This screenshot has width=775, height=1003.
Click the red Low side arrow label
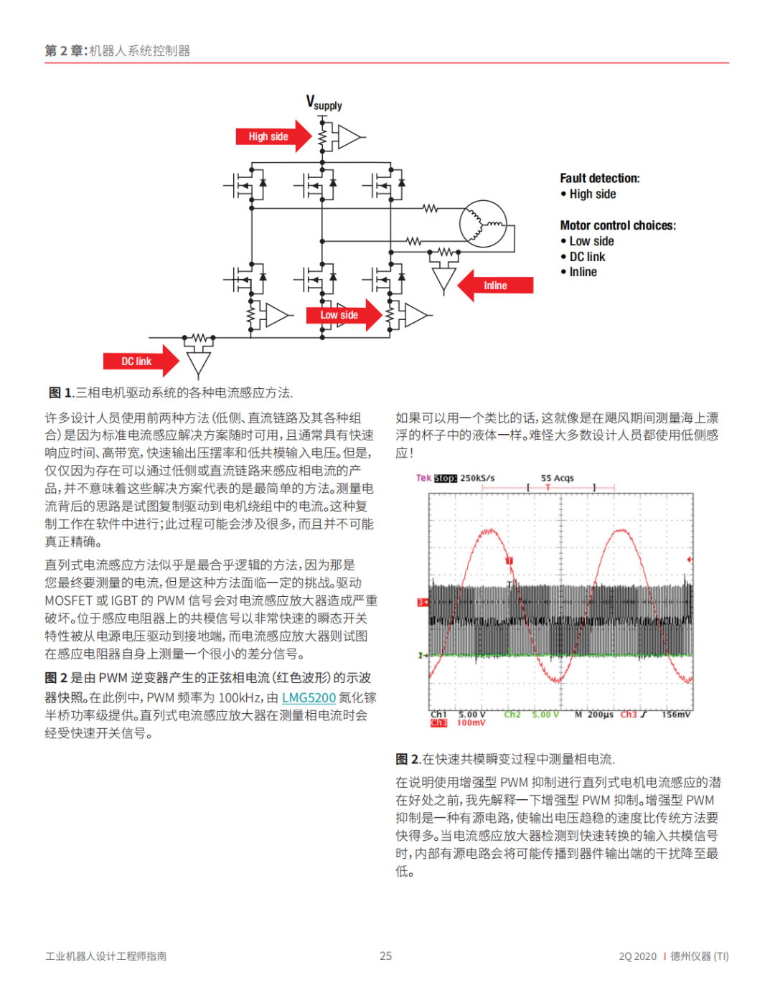340,315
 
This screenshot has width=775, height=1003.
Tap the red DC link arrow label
137,362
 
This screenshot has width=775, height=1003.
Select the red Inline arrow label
497,286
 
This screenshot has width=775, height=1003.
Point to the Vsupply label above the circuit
324,103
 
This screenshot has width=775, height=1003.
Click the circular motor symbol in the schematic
483,224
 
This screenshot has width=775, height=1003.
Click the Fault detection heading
599,178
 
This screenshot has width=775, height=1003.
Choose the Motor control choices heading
617,225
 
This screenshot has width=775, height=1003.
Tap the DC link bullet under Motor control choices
587,257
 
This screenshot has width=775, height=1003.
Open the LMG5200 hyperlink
309,697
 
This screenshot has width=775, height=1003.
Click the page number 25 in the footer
386,956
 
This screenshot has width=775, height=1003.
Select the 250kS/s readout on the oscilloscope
477,478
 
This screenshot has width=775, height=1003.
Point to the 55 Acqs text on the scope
557,478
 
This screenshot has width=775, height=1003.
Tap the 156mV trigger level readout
676,715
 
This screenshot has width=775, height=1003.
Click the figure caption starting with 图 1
171,392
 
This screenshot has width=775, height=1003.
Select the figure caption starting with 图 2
505,759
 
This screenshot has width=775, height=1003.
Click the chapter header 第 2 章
66,50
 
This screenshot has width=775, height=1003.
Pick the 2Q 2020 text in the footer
637,956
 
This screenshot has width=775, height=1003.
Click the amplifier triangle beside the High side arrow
349,136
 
